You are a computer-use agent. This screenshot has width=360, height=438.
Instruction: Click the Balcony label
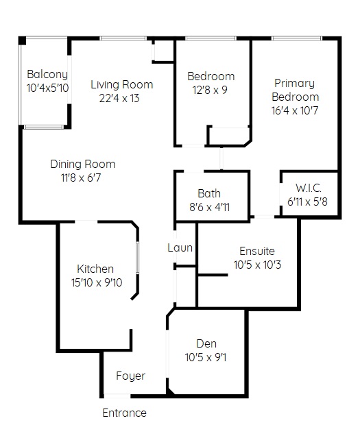pos(47,74)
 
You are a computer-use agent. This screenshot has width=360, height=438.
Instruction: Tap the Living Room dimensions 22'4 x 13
pos(119,98)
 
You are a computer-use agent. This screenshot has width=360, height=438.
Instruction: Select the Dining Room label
pos(83,164)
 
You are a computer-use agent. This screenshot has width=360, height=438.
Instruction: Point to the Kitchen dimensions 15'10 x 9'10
pos(97,282)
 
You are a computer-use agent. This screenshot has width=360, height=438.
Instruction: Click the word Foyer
pos(131,376)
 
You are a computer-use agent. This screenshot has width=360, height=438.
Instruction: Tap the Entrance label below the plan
pos(124,413)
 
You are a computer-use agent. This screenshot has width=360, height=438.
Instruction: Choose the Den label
pos(206,343)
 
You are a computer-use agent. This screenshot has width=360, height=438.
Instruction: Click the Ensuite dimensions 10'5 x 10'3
pos(257,265)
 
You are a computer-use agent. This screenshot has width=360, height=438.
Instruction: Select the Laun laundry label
pos(180,247)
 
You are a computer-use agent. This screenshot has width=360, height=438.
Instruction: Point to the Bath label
pos(209,193)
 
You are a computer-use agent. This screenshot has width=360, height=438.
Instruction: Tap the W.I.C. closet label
pos(309,188)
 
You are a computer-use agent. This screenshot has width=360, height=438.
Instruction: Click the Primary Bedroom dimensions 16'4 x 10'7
pos(295,110)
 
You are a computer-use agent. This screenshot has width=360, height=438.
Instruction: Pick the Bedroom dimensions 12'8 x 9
pos(210,90)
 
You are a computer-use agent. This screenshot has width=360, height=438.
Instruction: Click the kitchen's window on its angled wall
pos(138,257)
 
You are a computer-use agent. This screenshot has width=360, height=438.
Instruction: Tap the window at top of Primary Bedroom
pos(296,38)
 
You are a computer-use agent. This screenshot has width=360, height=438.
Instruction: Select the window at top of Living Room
pos(123,38)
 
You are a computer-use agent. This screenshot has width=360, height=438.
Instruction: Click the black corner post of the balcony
pos(23,40)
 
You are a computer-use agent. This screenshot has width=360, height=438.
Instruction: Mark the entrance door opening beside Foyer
pos(117,396)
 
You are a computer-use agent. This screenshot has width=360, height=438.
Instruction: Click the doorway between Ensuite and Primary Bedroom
pos(264,217)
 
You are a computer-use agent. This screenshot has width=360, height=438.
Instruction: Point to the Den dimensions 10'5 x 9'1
pos(206,357)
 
